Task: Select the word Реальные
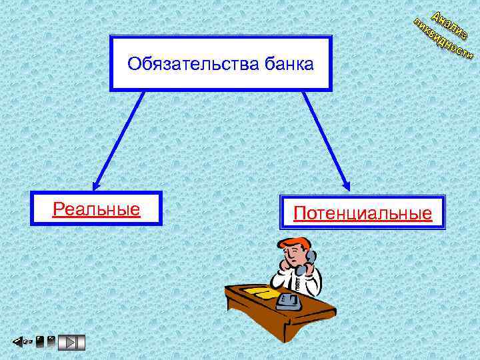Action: pyautogui.click(x=96, y=209)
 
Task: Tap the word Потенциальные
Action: pyautogui.click(x=363, y=213)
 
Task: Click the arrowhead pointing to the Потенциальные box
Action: pyautogui.click(x=346, y=187)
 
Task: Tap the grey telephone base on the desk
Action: pyautogui.click(x=289, y=302)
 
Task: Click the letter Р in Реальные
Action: pyautogui.click(x=58, y=209)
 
